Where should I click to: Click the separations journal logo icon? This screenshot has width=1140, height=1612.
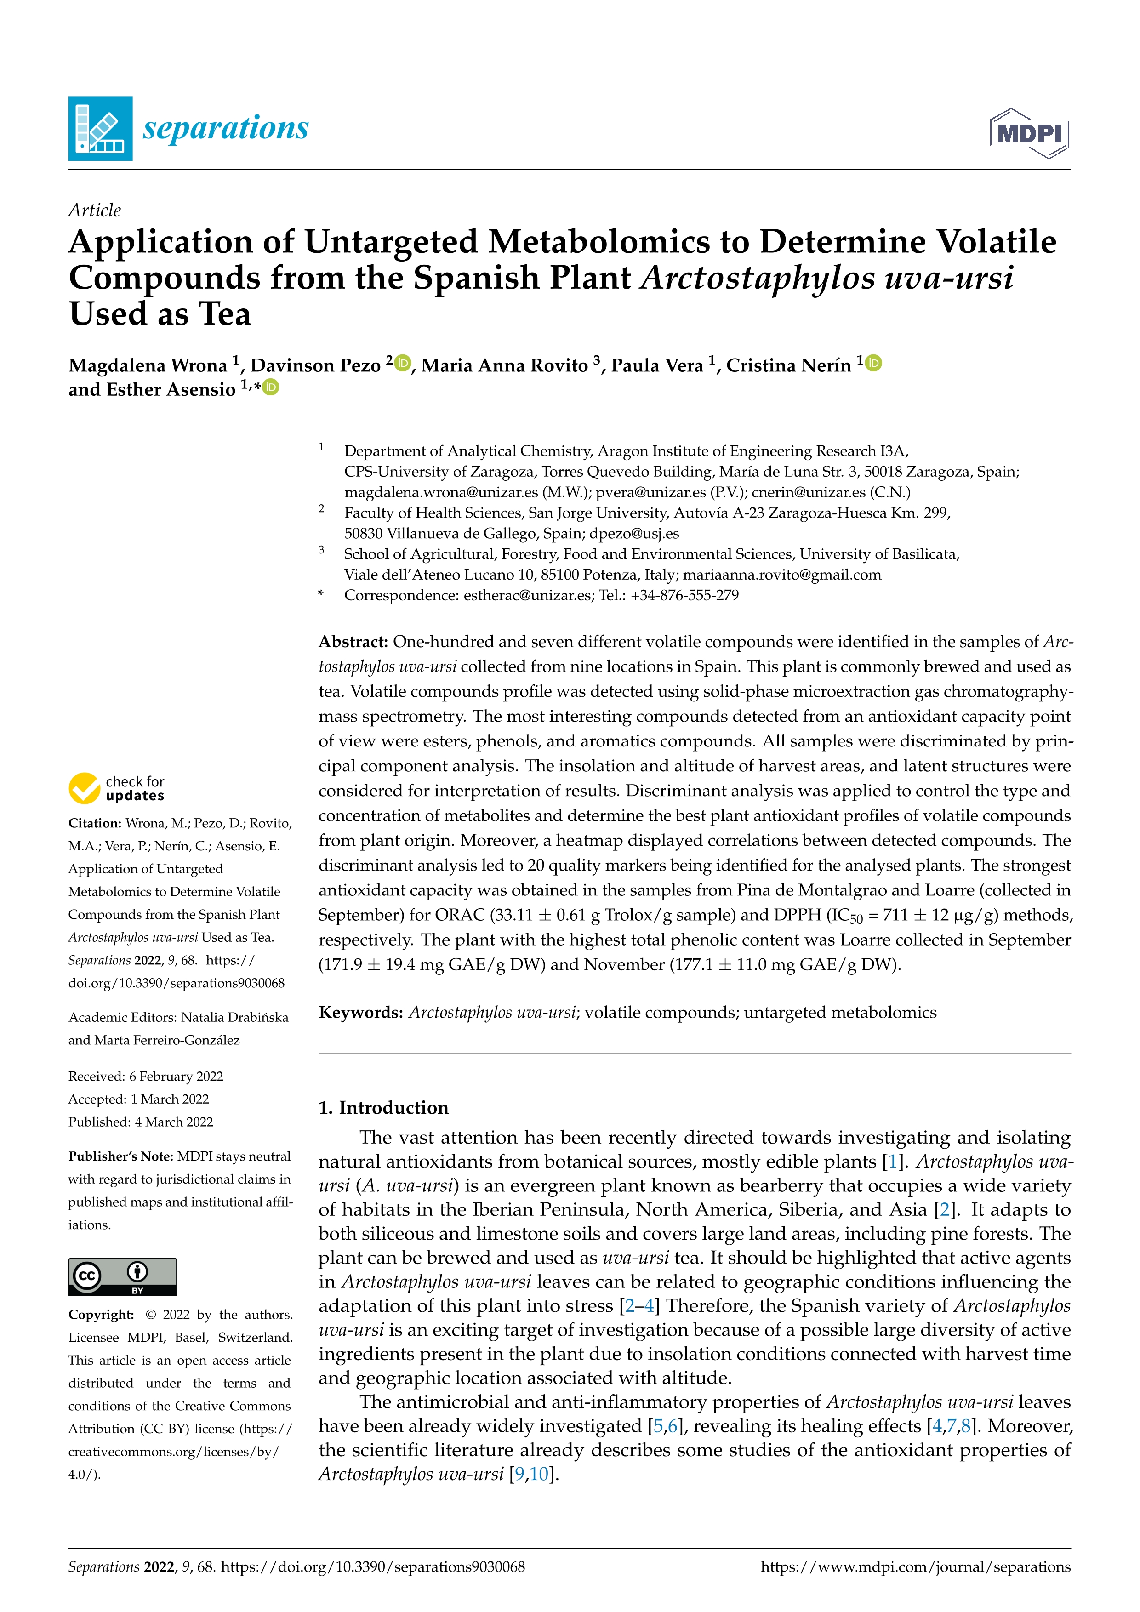click(x=100, y=129)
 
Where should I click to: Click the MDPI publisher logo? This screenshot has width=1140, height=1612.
click(x=1029, y=133)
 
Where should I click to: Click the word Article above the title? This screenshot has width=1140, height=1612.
click(x=94, y=210)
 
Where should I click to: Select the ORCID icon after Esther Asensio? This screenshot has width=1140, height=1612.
click(x=271, y=387)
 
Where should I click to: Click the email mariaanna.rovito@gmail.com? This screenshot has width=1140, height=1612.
click(x=781, y=575)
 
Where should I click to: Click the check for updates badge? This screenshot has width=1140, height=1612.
click(x=116, y=788)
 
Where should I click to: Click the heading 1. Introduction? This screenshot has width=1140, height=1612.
click(x=383, y=1107)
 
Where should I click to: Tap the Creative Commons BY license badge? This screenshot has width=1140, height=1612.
click(x=122, y=1276)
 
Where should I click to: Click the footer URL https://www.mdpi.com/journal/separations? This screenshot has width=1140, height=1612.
click(x=915, y=1567)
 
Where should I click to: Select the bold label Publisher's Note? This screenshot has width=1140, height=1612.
click(x=121, y=1156)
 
